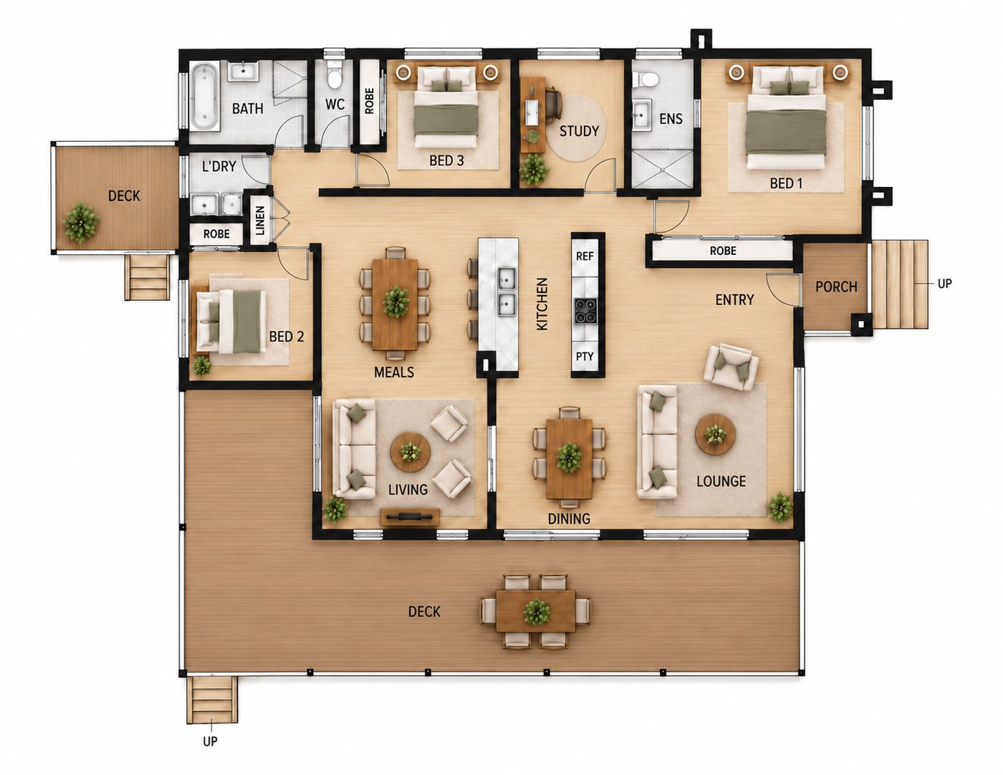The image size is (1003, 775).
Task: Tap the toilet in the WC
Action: click(334, 74)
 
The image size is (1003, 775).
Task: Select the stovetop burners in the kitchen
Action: click(585, 309)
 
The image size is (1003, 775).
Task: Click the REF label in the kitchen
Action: click(585, 256)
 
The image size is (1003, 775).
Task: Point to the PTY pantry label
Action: click(585, 357)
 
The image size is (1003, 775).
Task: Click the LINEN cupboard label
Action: click(260, 221)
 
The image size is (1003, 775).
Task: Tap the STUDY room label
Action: click(579, 132)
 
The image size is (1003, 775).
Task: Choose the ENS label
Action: click(671, 119)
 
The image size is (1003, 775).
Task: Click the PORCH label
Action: click(836, 287)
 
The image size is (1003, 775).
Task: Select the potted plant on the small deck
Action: click(81, 222)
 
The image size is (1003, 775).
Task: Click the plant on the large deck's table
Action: click(537, 612)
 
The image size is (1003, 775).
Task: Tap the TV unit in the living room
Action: click(409, 516)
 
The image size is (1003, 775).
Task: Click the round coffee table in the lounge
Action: click(716, 434)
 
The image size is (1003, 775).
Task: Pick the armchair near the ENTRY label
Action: click(731, 367)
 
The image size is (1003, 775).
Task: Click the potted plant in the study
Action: click(534, 170)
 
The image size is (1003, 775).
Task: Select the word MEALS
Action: click(394, 372)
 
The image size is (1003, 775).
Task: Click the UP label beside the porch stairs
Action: click(944, 284)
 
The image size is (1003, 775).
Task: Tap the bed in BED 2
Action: click(231, 322)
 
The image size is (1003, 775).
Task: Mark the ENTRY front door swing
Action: click(783, 289)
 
